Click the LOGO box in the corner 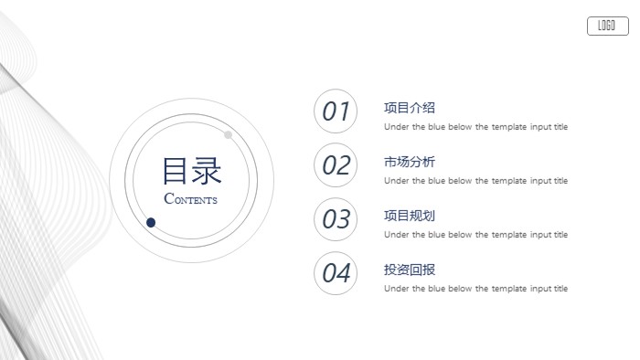point(606,26)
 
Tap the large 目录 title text point(192,171)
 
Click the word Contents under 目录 point(191,199)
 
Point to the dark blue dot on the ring point(151,222)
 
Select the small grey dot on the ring point(228,135)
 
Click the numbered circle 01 point(336,111)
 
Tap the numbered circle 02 point(336,165)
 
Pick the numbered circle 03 point(336,219)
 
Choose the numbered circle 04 point(336,273)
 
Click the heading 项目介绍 point(410,108)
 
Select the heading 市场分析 point(410,162)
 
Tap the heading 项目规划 point(410,216)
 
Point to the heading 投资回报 point(410,270)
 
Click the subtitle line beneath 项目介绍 point(475,127)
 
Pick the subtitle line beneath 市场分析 point(475,181)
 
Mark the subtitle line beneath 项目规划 point(475,235)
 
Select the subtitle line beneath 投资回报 point(475,289)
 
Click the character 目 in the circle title point(176,171)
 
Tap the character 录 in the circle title point(208,171)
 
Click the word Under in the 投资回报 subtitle point(395,289)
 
